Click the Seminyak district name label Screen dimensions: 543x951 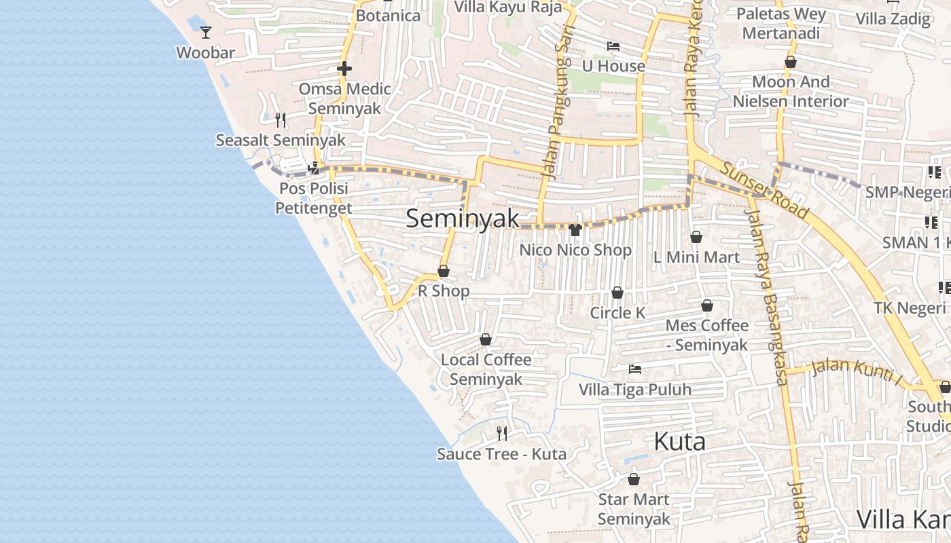pyautogui.click(x=463, y=219)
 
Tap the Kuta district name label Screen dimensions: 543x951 pyautogui.click(x=679, y=442)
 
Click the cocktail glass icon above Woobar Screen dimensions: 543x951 pyautogui.click(x=206, y=32)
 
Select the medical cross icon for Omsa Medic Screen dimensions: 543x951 pyautogui.click(x=344, y=69)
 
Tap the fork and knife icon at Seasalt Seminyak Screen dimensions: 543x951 pyautogui.click(x=281, y=120)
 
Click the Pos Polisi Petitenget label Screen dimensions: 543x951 pyautogui.click(x=313, y=198)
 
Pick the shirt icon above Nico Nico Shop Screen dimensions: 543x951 pyautogui.click(x=575, y=230)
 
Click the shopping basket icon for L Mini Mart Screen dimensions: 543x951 pyautogui.click(x=696, y=237)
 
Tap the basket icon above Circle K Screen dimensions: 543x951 pyautogui.click(x=617, y=293)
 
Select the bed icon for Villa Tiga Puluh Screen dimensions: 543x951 pyautogui.click(x=635, y=369)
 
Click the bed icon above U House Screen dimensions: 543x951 pyautogui.click(x=613, y=46)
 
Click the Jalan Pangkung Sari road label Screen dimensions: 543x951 pyautogui.click(x=558, y=102)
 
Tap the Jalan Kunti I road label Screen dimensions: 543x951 pyautogui.click(x=857, y=373)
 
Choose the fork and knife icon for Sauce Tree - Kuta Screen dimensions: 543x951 pyautogui.click(x=502, y=433)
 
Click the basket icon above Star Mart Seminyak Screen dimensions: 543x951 pyautogui.click(x=634, y=479)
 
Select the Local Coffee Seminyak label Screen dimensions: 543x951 pyautogui.click(x=486, y=369)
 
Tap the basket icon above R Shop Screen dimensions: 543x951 pyautogui.click(x=444, y=271)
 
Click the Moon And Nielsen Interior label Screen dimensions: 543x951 pyautogui.click(x=791, y=92)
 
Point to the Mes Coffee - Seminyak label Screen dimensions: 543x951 pyautogui.click(x=706, y=335)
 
